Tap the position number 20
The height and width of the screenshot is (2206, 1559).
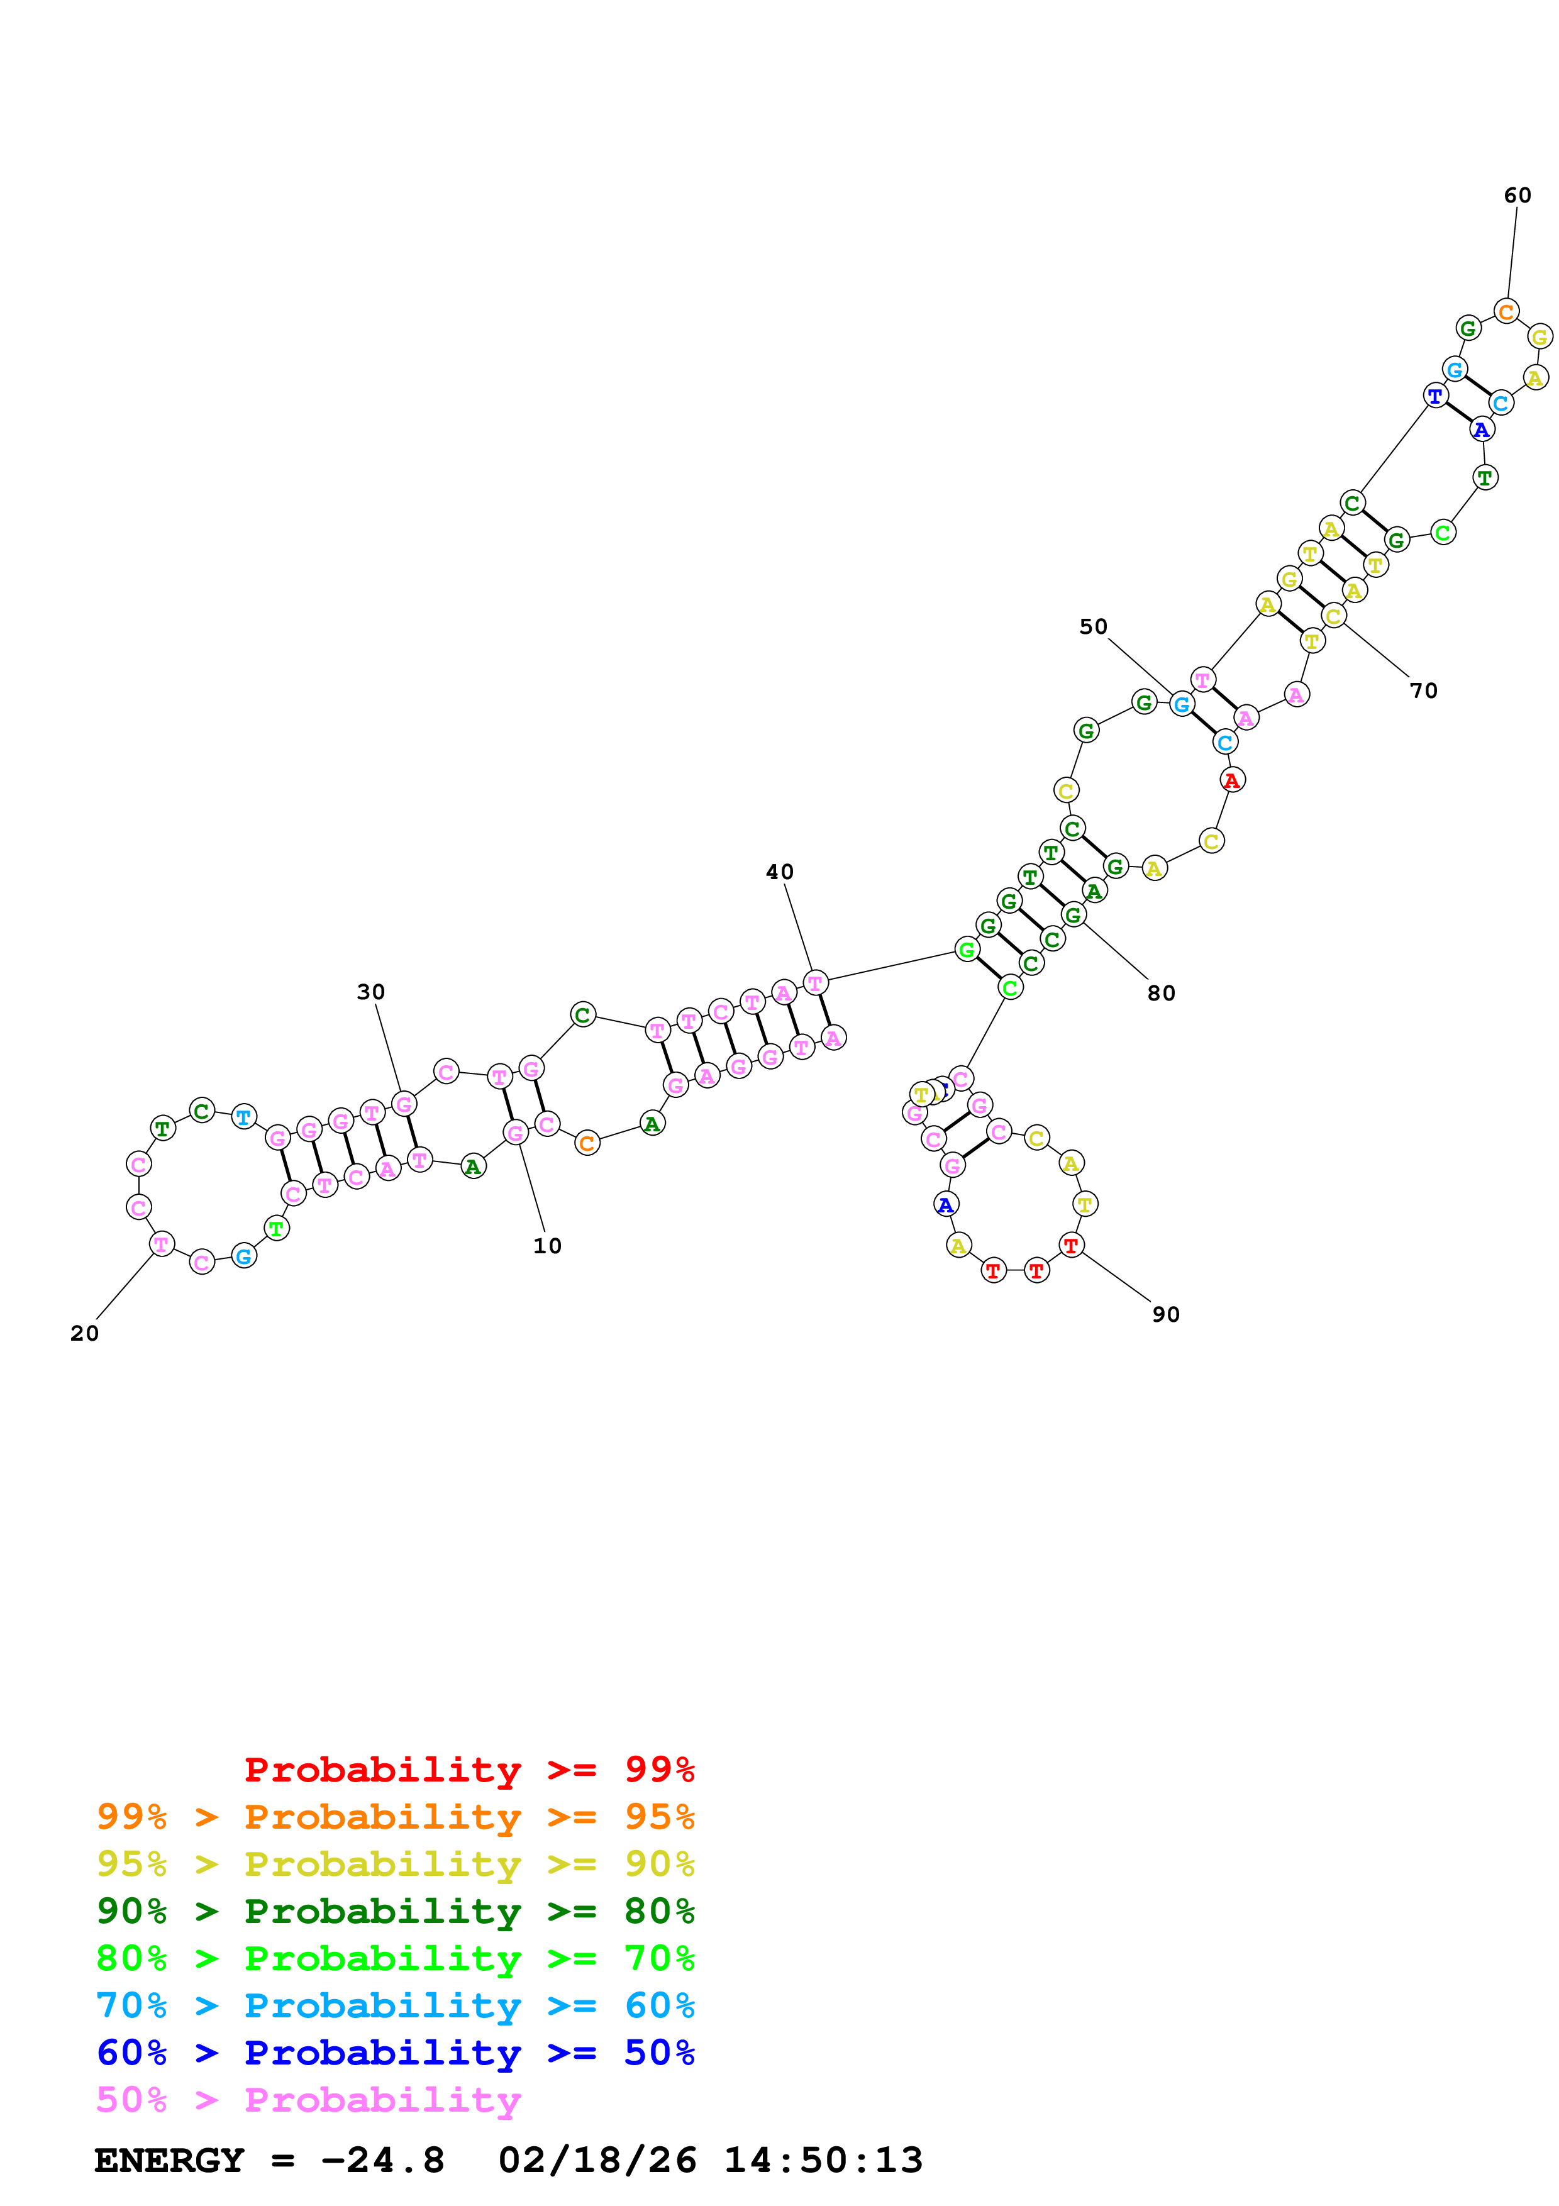[x=84, y=1334]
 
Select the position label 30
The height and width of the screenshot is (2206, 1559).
[x=371, y=992]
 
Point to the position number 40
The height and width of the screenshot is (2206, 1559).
[x=779, y=872]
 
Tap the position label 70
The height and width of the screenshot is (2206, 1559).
[x=1424, y=691]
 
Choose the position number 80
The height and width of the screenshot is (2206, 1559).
[x=1162, y=994]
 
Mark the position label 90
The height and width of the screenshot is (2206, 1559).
[x=1166, y=1314]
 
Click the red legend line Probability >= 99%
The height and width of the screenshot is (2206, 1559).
[x=469, y=1770]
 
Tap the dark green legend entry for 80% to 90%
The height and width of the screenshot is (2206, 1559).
[x=395, y=1911]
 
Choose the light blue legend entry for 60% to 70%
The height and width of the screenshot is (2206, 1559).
[x=395, y=2005]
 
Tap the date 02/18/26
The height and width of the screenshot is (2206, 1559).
[x=597, y=2161]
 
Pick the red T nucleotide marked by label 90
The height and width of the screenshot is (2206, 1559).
[x=1070, y=1245]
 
